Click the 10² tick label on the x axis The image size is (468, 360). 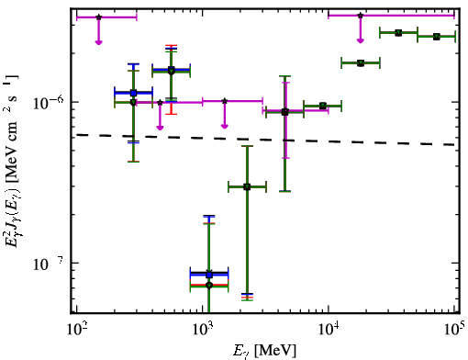(x=76, y=330)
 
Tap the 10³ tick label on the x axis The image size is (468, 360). (x=203, y=330)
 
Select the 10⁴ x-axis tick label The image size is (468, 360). (x=329, y=330)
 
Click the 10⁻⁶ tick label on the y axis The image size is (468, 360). (x=49, y=104)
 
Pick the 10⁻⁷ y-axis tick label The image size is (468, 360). (x=49, y=264)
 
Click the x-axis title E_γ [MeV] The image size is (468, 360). (x=264, y=351)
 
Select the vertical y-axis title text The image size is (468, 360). (x=12, y=161)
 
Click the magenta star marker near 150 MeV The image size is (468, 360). (x=98, y=17)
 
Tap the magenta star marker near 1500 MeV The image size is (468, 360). (x=225, y=101)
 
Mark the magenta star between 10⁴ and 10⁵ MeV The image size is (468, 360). (x=361, y=16)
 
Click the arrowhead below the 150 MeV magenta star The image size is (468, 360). (x=98, y=42)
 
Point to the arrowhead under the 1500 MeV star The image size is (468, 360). (x=225, y=126)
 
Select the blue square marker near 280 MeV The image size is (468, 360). (x=133, y=93)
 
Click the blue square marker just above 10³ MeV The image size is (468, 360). (x=209, y=275)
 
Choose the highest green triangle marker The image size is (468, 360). (x=398, y=33)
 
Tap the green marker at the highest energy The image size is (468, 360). (x=437, y=37)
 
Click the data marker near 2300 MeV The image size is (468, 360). (x=247, y=187)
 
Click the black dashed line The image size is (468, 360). (x=265, y=140)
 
